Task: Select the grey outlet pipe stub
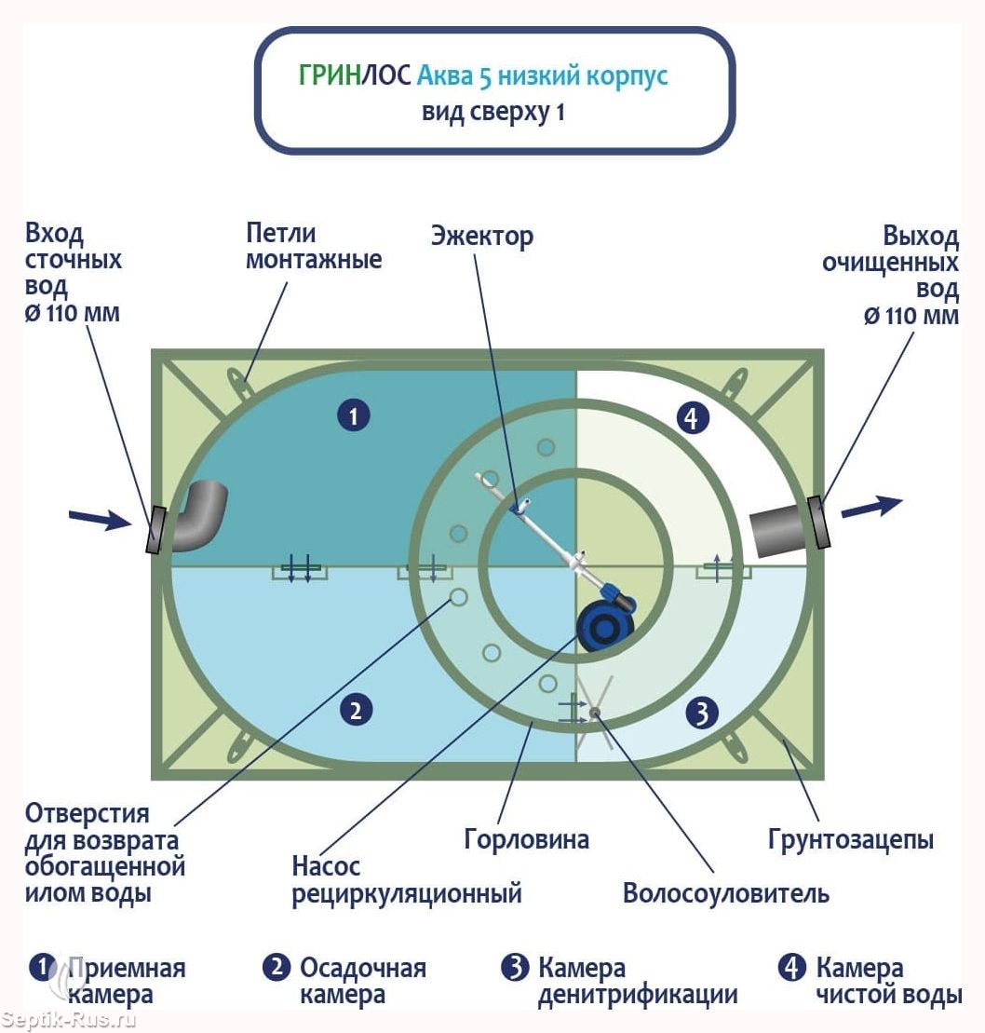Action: tap(779, 532)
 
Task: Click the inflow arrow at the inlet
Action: tap(101, 520)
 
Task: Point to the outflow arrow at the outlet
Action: tap(871, 507)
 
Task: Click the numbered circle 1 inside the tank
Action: tap(354, 415)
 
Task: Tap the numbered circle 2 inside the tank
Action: tap(357, 710)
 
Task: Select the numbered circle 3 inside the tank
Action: tap(701, 713)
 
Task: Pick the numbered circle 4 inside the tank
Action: tap(692, 417)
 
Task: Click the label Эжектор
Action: tap(482, 236)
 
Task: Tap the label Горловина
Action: tap(526, 839)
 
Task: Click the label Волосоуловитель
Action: tap(725, 893)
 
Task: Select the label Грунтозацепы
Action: tap(851, 840)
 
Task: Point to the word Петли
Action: tap(281, 233)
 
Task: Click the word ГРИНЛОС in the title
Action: tap(355, 75)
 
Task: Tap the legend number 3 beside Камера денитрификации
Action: tap(515, 967)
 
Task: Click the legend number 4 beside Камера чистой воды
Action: tap(791, 967)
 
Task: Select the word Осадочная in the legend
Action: tap(363, 968)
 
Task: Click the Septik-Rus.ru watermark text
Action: tap(69, 1020)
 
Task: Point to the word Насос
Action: tap(326, 865)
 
